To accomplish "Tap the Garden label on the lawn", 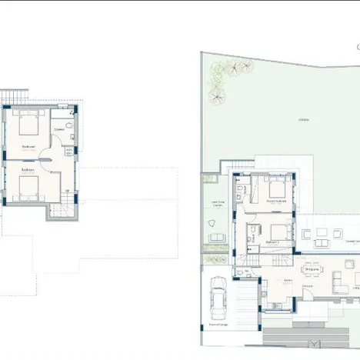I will pos(304,120).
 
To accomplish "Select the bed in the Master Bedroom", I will pos(278,188).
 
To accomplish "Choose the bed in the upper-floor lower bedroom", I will pos(28,183).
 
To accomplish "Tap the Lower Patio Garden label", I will pos(217,205).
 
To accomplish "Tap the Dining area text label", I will pos(312,269).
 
